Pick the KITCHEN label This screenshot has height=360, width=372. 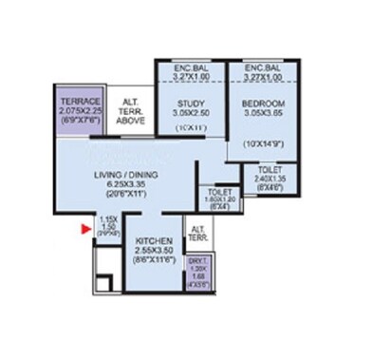coord(153,241)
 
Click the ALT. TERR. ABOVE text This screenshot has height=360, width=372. coord(128,105)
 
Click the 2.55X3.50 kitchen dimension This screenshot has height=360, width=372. coord(153,250)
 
